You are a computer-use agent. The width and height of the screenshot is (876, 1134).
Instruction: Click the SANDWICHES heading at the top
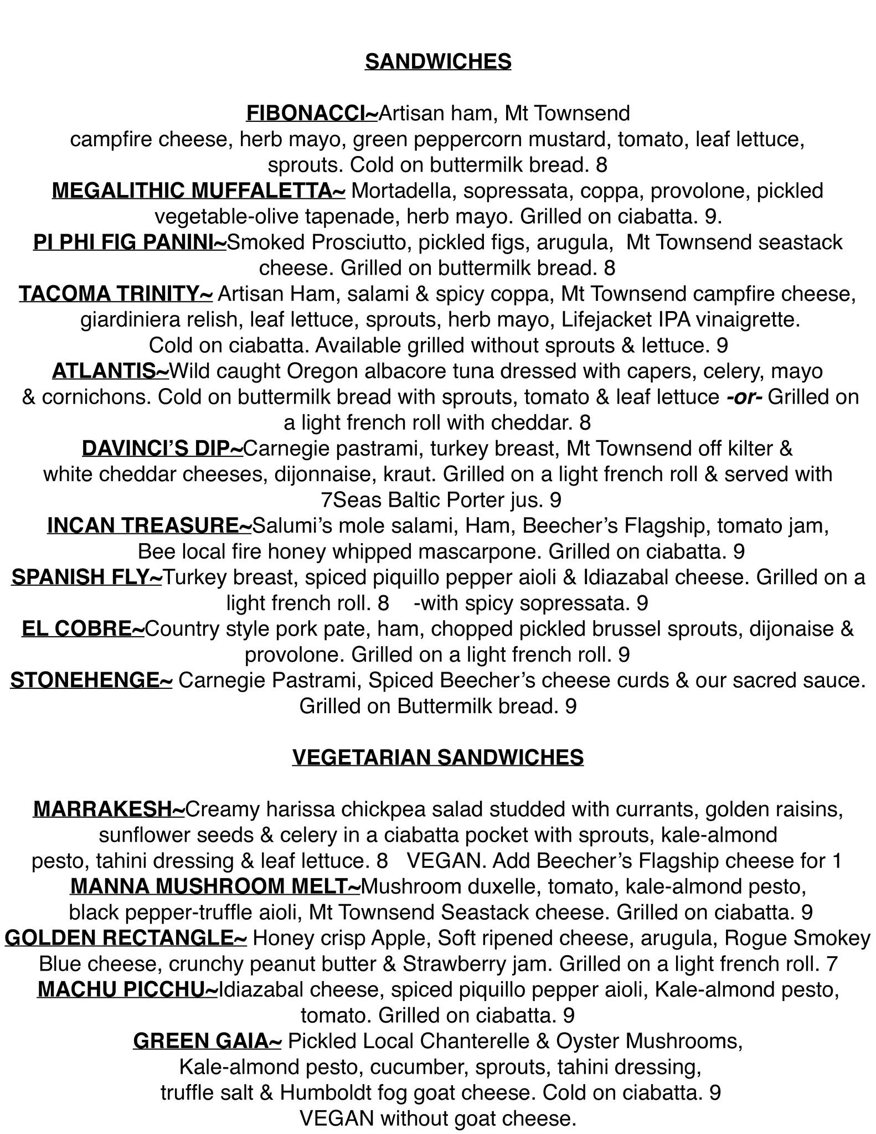(437, 61)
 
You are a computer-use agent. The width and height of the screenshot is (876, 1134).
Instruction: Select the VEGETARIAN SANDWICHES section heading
(437, 757)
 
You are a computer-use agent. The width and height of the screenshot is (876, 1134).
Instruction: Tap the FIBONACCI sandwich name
(312, 113)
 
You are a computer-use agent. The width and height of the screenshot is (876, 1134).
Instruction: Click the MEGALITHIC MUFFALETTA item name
(199, 190)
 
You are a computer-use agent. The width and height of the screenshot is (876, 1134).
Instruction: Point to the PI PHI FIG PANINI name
(130, 242)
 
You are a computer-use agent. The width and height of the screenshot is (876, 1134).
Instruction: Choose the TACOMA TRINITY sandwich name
(116, 293)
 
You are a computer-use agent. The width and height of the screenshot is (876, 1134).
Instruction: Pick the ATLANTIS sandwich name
(110, 371)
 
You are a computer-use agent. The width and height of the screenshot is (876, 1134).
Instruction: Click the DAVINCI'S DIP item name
(162, 448)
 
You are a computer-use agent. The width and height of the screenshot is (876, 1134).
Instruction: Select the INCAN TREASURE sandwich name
(150, 525)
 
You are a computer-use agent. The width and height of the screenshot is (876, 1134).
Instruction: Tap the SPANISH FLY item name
(86, 577)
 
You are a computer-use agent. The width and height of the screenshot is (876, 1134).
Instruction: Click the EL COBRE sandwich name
(83, 628)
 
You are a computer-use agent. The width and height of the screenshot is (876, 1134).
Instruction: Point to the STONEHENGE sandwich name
(91, 680)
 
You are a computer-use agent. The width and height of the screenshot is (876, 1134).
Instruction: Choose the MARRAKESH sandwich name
(109, 809)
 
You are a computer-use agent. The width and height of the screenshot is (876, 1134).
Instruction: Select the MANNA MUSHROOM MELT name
(215, 886)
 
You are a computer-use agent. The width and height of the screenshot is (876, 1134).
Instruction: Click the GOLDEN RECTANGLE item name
(126, 938)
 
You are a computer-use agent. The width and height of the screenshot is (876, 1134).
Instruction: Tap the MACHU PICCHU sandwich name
(127, 989)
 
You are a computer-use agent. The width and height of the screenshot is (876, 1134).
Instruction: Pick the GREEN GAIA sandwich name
(207, 1041)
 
